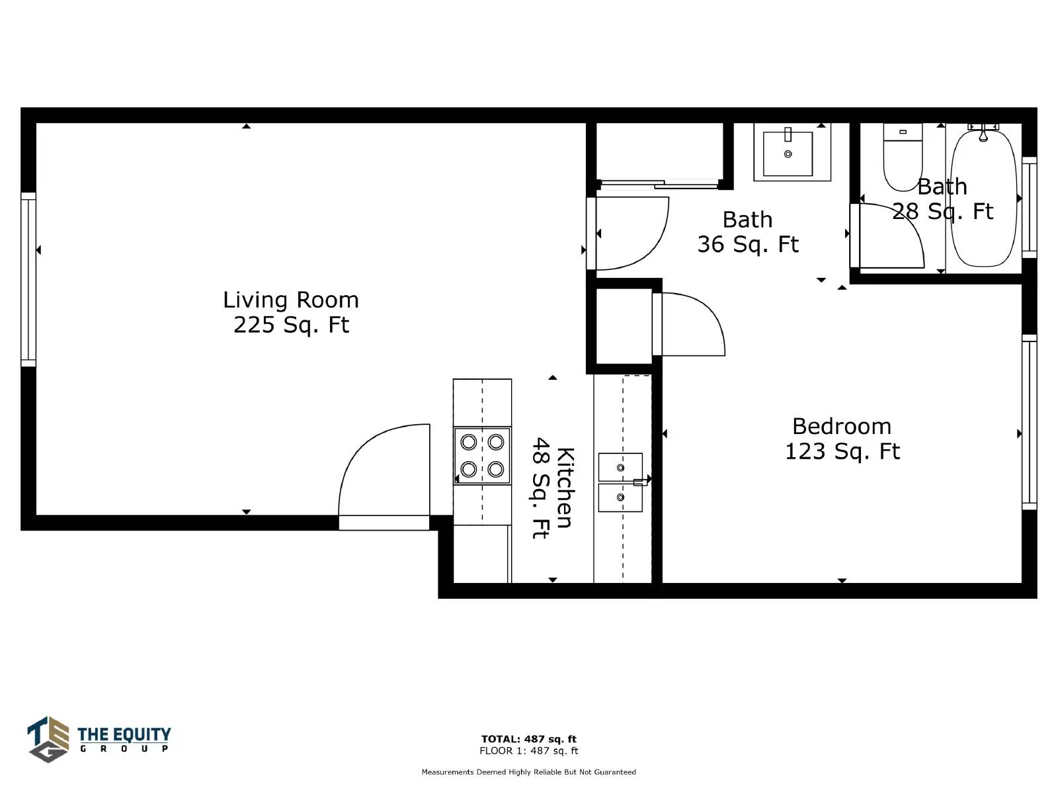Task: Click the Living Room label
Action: pos(291,312)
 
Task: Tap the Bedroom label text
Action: pos(842,439)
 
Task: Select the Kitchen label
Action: pos(553,488)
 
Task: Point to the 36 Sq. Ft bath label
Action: pos(748,232)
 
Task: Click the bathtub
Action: pos(984,198)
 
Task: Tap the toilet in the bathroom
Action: pos(903,157)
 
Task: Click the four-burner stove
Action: pos(482,456)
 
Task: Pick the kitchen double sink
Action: pos(620,482)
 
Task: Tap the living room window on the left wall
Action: pos(28,279)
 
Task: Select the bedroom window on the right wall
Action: pos(1029,422)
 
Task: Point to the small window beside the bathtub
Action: pos(1029,207)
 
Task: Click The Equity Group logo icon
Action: pos(48,739)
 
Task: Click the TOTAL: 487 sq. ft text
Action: pos(529,738)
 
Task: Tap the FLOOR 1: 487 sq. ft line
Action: pos(529,750)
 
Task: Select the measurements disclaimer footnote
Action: pos(529,772)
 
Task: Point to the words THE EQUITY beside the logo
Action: pos(124,734)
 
